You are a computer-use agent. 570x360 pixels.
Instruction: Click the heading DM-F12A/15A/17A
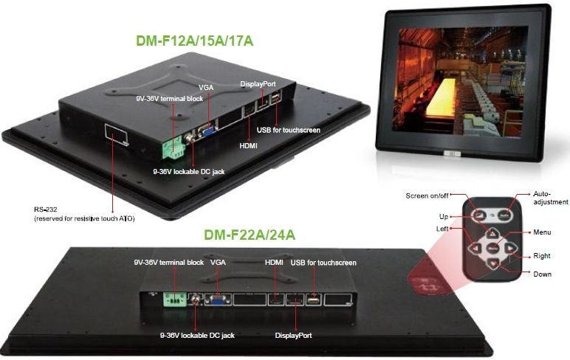pyautogui.click(x=195, y=41)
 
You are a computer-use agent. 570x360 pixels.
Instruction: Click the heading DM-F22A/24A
pyautogui.click(x=250, y=235)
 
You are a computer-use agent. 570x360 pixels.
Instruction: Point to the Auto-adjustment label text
pyautogui.click(x=550, y=197)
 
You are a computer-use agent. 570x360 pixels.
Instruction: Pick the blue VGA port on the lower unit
pyautogui.click(x=218, y=300)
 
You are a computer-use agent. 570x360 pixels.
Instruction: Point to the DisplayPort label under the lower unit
pyautogui.click(x=293, y=335)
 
